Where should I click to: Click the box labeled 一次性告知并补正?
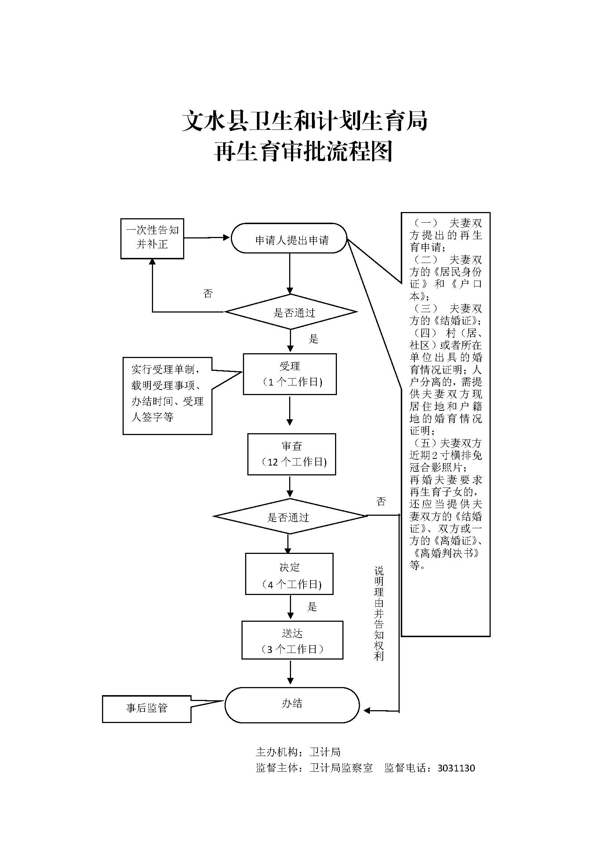pyautogui.click(x=152, y=238)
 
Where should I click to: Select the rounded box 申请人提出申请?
pyautogui.click(x=289, y=238)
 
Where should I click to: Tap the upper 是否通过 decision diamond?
pyautogui.click(x=291, y=312)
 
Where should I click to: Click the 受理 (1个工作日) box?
pyautogui.click(x=290, y=374)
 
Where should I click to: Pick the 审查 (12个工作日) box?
pyautogui.click(x=291, y=454)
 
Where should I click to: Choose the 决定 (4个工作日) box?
pyautogui.click(x=289, y=574)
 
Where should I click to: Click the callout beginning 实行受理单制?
pyautogui.click(x=167, y=396)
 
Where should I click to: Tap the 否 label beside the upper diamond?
pyautogui.click(x=208, y=293)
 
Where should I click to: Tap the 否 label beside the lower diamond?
pyautogui.click(x=381, y=501)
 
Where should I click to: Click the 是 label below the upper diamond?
pyautogui.click(x=313, y=339)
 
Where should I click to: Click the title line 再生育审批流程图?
pyautogui.click(x=303, y=152)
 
